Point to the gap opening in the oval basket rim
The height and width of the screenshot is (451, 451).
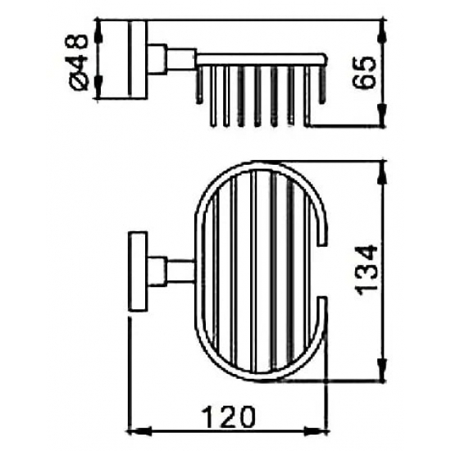321,271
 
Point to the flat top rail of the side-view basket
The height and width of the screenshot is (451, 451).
262,57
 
